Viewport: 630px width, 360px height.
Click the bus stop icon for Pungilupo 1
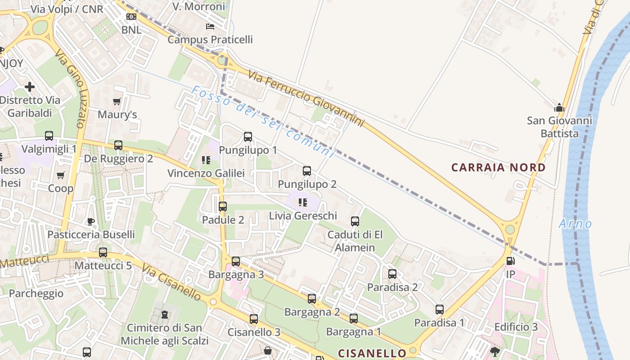(248, 136)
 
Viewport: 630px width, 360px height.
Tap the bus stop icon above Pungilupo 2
(307, 171)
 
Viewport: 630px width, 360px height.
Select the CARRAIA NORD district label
(498, 168)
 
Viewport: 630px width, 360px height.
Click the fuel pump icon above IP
(510, 261)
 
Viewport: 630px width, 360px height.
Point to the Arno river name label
(575, 224)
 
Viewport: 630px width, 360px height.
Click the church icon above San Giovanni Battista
(559, 108)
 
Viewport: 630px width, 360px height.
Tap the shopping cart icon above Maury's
(117, 102)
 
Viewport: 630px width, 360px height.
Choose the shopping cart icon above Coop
(61, 175)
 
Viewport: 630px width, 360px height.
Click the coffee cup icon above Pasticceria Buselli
(91, 221)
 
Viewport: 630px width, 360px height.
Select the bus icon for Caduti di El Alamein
(355, 221)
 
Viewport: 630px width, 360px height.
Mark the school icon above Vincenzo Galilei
(206, 160)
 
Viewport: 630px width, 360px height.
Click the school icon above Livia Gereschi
(303, 202)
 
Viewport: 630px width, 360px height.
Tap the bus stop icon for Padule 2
(223, 207)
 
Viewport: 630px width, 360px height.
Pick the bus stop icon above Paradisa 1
(440, 309)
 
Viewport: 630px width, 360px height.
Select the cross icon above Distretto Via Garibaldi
(30, 86)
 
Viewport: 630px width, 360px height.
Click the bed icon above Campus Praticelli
(210, 27)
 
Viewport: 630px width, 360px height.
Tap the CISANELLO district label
(372, 353)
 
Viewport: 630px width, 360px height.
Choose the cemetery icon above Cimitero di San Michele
(165, 314)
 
